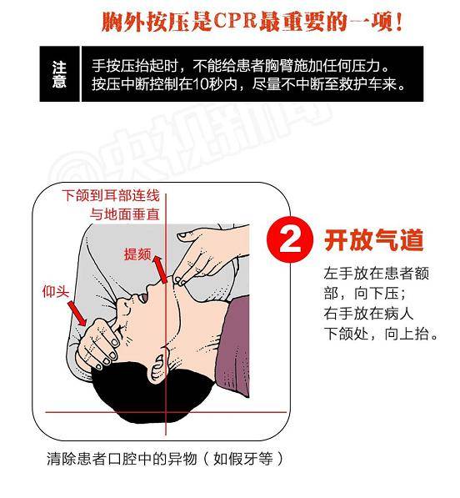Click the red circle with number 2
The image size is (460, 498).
(290, 240)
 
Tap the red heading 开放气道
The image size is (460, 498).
(374, 240)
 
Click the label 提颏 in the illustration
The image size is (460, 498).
(137, 254)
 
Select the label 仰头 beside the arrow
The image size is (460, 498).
(56, 291)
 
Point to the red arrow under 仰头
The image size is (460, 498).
(77, 314)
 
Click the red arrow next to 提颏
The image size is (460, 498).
(160, 269)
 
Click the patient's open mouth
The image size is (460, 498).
(143, 297)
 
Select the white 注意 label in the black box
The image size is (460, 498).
(59, 74)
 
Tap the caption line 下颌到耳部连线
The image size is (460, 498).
(111, 195)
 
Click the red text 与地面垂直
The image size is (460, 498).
(125, 214)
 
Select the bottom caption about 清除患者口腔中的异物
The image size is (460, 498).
(165, 459)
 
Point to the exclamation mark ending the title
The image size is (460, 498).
(398, 22)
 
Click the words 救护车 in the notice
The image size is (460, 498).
(361, 84)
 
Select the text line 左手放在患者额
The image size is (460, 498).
(377, 274)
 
